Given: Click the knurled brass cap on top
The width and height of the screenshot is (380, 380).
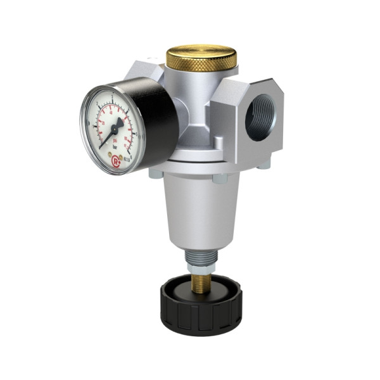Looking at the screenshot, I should pos(201,58).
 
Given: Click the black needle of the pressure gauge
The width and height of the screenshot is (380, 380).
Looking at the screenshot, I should pos(110,134).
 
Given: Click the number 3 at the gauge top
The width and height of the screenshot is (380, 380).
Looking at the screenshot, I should pos(113,96).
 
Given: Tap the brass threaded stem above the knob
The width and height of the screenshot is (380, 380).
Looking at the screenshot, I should pos(201,282).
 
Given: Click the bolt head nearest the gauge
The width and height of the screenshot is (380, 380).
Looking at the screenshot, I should pos(155,173).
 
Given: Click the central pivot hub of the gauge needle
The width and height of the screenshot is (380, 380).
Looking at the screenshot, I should pos(118,128).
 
